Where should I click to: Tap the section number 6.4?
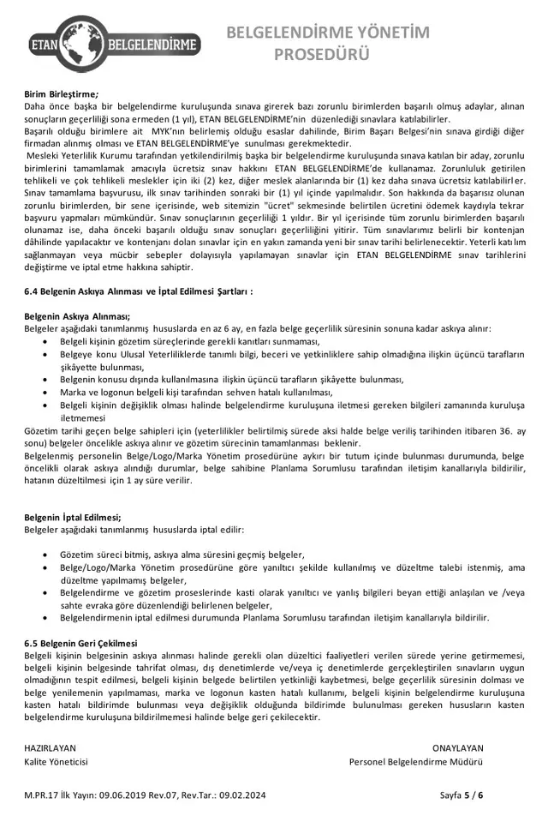(32, 291)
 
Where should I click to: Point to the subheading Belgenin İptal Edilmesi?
(73, 518)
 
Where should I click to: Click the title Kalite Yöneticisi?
(56, 761)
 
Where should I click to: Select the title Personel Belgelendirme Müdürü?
(416, 761)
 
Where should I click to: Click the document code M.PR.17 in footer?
(42, 796)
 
